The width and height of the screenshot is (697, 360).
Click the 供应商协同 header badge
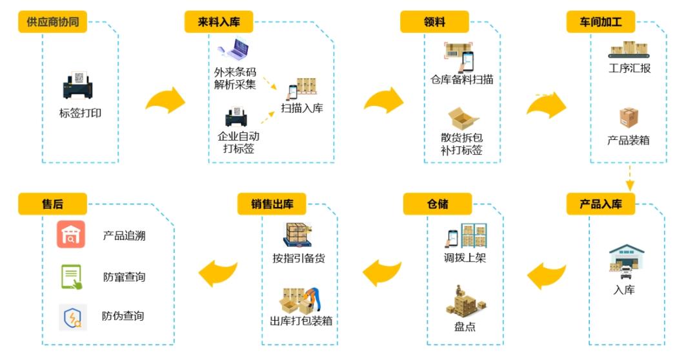tap(53, 22)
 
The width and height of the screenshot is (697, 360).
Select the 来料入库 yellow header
tap(218, 22)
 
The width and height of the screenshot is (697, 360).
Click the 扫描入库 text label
tap(302, 108)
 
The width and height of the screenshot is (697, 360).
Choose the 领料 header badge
tap(434, 22)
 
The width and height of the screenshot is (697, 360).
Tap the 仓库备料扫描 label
tap(462, 80)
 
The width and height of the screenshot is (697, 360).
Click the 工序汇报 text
tap(629, 68)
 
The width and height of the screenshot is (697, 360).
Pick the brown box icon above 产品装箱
tap(629, 118)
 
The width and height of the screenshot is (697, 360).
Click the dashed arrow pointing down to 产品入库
tap(629, 177)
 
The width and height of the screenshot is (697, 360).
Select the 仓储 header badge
tap(437, 205)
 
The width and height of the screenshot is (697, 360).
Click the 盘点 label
tap(465, 326)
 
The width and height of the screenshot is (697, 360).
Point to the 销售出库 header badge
tap(272, 205)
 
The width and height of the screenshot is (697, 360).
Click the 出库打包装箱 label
tap(301, 321)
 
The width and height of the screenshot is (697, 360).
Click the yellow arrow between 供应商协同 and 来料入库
tap(165, 101)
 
